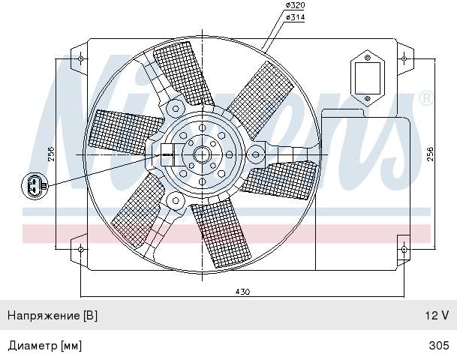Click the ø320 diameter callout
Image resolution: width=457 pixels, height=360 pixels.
(x=295, y=5)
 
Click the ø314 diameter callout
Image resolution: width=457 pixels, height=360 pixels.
(x=295, y=17)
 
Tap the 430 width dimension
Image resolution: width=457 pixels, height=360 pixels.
(x=242, y=292)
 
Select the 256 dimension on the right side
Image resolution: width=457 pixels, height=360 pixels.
(x=430, y=154)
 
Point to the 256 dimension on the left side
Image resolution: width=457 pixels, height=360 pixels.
(x=50, y=154)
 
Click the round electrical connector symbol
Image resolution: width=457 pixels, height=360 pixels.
(x=35, y=186)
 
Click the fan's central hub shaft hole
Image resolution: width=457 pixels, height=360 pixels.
(x=202, y=154)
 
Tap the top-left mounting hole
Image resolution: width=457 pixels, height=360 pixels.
(x=81, y=58)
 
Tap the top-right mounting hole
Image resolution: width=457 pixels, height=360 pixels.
(x=404, y=58)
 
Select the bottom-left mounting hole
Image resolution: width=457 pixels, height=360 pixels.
(x=81, y=249)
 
